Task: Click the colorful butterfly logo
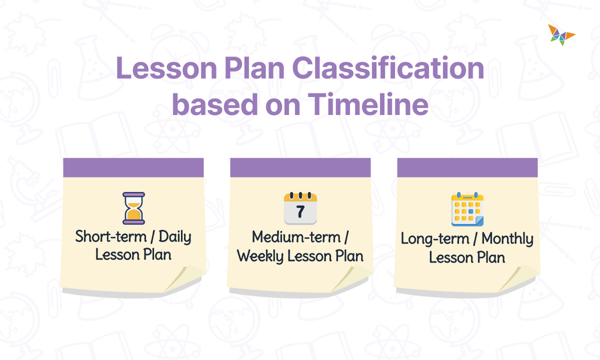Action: click(x=561, y=34)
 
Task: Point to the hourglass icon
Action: click(x=133, y=208)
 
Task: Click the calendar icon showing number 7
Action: click(x=300, y=208)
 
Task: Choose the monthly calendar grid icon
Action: click(x=467, y=209)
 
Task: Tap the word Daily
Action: click(x=175, y=237)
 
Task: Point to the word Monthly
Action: click(x=507, y=239)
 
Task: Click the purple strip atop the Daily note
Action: click(x=133, y=167)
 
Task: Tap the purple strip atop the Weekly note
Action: click(x=300, y=167)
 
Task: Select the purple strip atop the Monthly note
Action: click(x=467, y=167)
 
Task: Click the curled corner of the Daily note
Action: click(x=186, y=278)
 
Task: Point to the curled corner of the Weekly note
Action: click(x=353, y=278)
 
